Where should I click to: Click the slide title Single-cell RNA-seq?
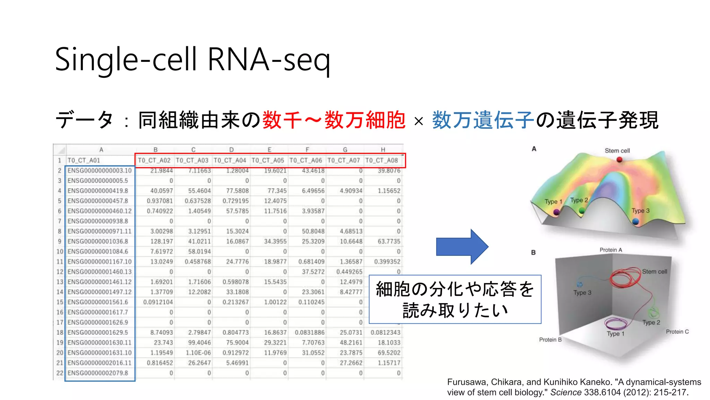coord(193,60)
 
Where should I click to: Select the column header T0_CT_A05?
coord(268,160)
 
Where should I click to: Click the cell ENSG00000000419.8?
coord(98,191)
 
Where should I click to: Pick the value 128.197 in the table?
coord(162,241)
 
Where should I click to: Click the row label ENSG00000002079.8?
coord(98,373)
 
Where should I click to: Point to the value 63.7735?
coord(389,241)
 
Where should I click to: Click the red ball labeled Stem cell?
coord(620,160)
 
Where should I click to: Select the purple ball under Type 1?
coord(556,212)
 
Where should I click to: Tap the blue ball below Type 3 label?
coord(635,221)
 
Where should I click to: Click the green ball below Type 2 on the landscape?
coord(582,210)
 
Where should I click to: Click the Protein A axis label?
coord(611,250)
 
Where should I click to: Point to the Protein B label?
coord(550,340)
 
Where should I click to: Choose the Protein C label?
coord(677,332)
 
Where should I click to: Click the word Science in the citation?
coord(566,393)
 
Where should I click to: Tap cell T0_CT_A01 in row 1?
coord(84,160)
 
